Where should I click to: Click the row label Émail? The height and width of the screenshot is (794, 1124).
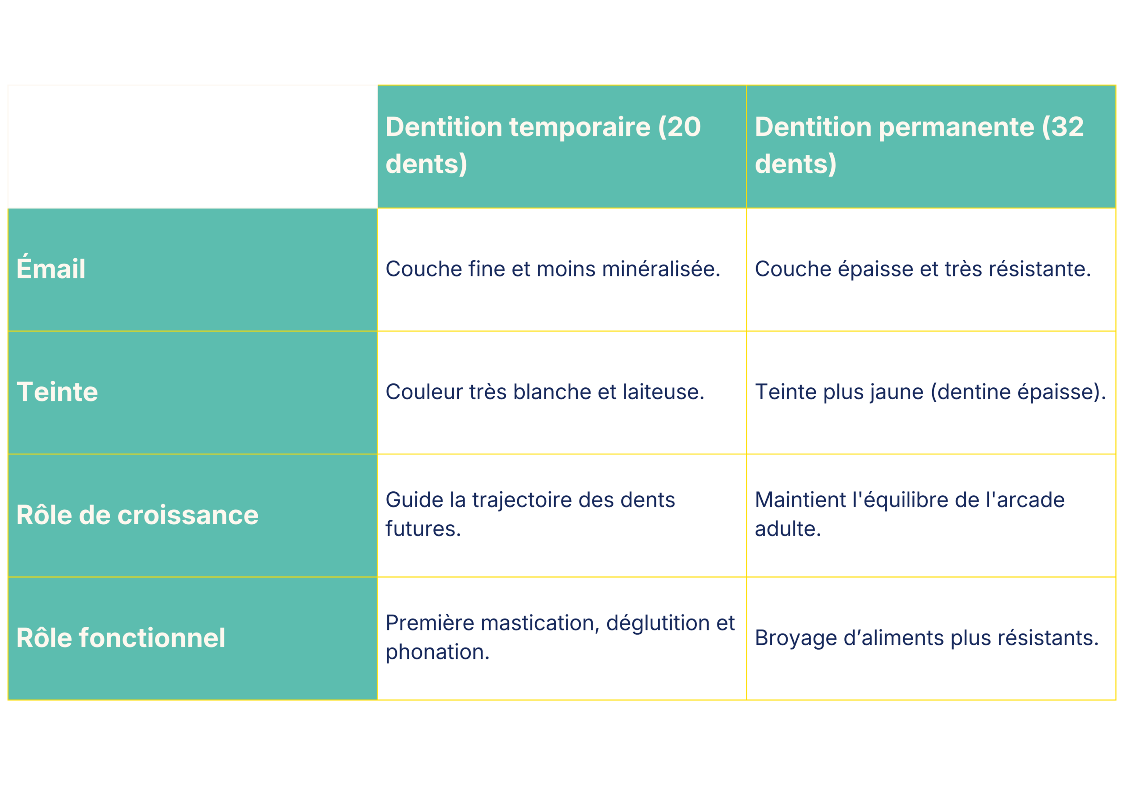click(x=51, y=269)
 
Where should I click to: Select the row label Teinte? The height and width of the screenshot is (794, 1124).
click(x=57, y=392)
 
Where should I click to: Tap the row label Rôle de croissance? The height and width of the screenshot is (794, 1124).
click(x=137, y=515)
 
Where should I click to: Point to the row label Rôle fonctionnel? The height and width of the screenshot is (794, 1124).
click(x=120, y=638)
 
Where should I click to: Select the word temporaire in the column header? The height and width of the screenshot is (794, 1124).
click(x=580, y=127)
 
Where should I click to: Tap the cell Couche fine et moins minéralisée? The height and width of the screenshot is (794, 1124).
click(x=553, y=269)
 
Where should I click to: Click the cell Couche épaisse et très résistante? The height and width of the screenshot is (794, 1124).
click(x=923, y=269)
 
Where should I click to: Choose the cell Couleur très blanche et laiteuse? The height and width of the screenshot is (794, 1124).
click(x=544, y=392)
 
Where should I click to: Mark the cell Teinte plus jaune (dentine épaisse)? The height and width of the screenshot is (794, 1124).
click(x=929, y=392)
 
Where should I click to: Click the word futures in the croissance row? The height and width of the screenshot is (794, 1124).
click(x=422, y=529)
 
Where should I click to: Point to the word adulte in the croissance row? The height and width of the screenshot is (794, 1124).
click(x=787, y=529)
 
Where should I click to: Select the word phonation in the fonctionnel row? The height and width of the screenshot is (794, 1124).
click(x=437, y=653)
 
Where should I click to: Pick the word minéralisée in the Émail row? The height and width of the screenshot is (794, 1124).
click(x=661, y=269)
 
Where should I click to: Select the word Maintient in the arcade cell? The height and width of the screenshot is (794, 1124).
click(x=800, y=501)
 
